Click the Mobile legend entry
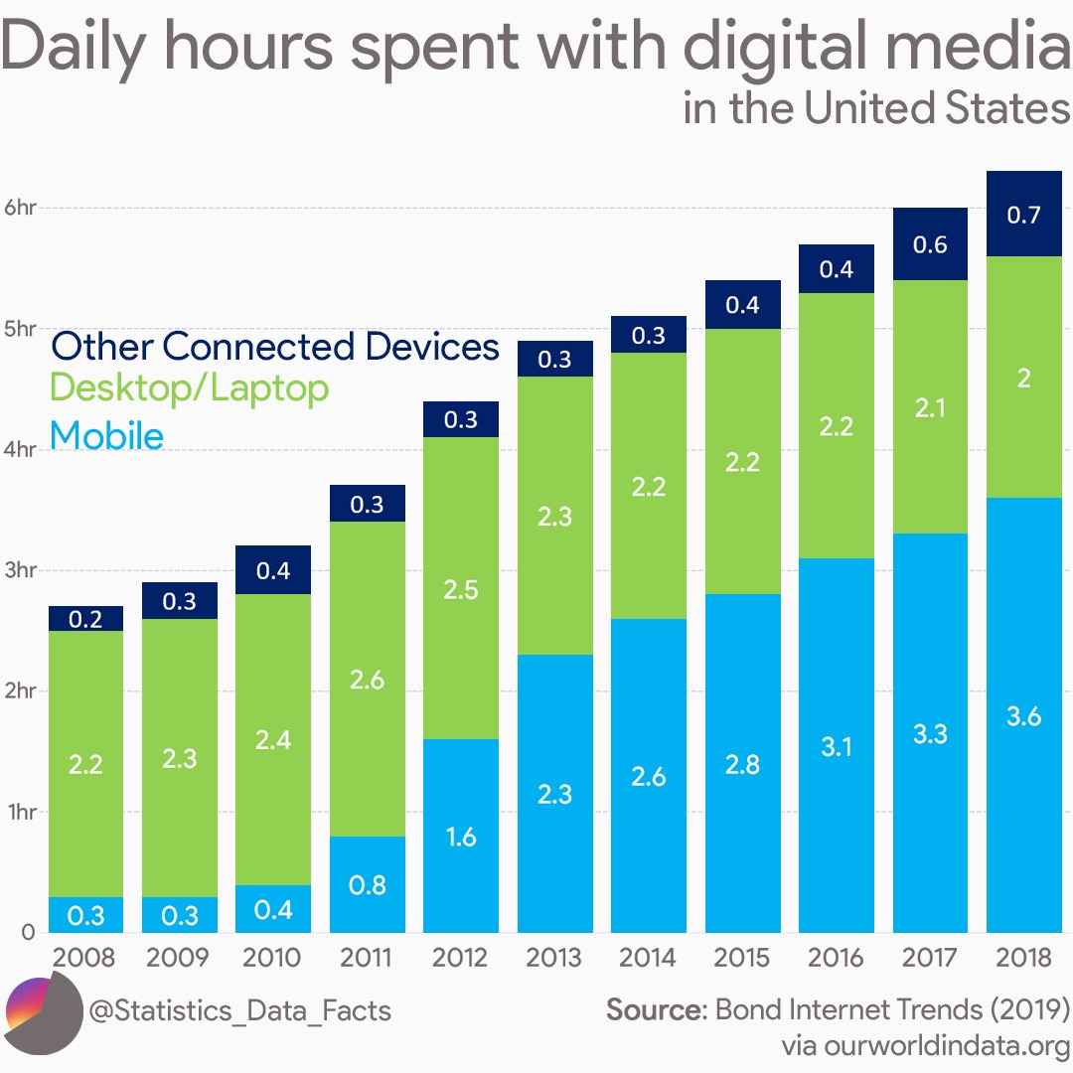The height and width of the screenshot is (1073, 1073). click(x=106, y=435)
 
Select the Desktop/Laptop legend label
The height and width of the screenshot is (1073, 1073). click(x=189, y=387)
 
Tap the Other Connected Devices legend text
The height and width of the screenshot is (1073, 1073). click(x=275, y=347)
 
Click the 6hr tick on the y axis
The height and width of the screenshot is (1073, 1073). click(x=19, y=208)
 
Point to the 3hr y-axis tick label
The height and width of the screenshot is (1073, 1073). click(x=19, y=570)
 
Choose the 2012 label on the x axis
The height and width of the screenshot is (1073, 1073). click(x=460, y=958)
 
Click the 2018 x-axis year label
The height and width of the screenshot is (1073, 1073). click(x=1023, y=958)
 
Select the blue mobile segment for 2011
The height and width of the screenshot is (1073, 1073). click(x=367, y=884)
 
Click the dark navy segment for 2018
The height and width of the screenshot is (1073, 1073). click(x=1023, y=214)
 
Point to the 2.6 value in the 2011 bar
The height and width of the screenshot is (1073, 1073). click(x=367, y=681)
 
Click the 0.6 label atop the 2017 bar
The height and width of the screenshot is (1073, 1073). click(x=930, y=244)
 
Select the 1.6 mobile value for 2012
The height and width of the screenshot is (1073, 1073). click(x=460, y=837)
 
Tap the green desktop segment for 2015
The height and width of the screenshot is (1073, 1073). click(x=742, y=461)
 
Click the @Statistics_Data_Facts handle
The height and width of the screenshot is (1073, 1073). click(x=239, y=1011)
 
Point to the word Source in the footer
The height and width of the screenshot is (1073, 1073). click(x=654, y=1010)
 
